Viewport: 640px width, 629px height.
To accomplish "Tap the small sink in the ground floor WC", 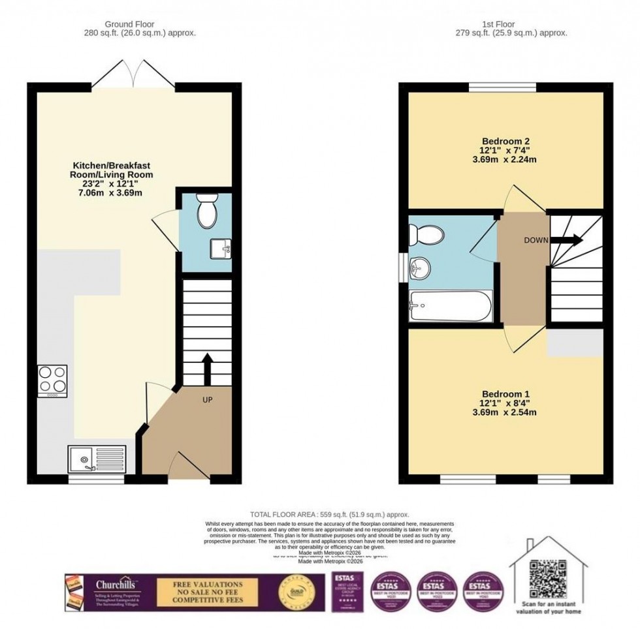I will pyautogui.click(x=219, y=248).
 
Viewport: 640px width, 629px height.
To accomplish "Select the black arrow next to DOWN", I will pyautogui.click(x=568, y=240).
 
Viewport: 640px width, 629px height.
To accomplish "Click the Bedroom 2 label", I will pyautogui.click(x=505, y=142).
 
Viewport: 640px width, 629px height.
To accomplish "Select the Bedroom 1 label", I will pyautogui.click(x=505, y=394).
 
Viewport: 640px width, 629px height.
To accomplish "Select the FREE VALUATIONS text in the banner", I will pyautogui.click(x=208, y=584).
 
